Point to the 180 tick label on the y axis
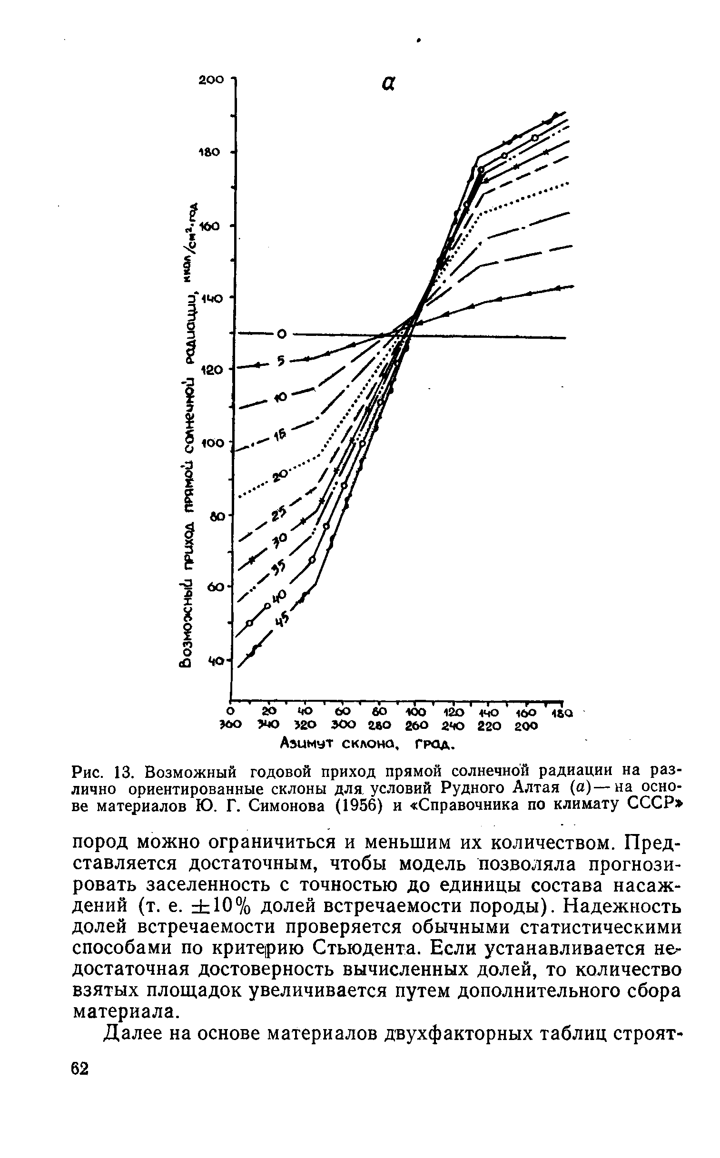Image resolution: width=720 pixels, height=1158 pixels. point(210,152)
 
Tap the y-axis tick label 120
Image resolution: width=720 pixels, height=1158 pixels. point(211,369)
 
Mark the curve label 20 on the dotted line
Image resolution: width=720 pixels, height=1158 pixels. point(280,475)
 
